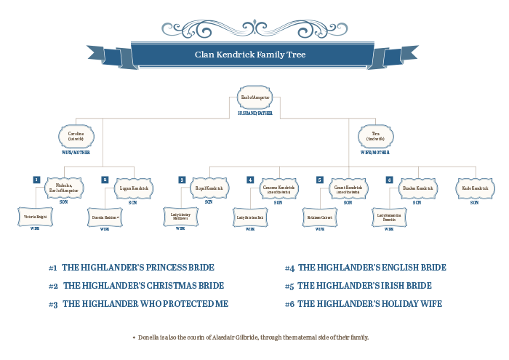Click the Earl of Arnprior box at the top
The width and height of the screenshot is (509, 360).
(x=254, y=97)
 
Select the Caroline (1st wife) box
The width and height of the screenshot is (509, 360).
(x=76, y=136)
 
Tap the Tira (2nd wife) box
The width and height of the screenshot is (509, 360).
(x=376, y=136)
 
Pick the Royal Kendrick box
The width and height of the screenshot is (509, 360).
(x=209, y=188)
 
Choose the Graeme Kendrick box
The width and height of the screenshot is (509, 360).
(x=279, y=188)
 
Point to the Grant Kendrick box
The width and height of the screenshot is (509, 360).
(x=348, y=188)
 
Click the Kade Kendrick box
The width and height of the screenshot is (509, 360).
(x=474, y=188)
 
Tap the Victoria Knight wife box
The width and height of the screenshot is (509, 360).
(x=35, y=217)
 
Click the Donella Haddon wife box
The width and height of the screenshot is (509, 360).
(x=105, y=217)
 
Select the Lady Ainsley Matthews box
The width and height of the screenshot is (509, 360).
(x=180, y=216)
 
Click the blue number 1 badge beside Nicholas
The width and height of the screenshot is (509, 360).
(x=36, y=180)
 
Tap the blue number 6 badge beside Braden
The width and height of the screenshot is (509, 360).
(x=390, y=180)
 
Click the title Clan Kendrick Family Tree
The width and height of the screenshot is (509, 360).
(x=254, y=55)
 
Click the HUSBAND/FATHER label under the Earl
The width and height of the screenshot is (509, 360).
(x=254, y=113)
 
